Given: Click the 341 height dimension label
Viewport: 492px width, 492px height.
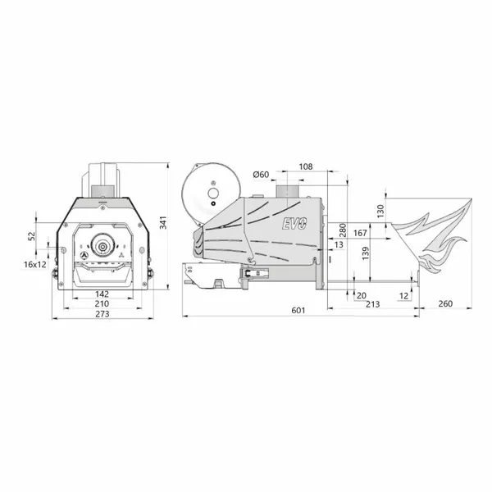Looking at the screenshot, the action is [x=163, y=222].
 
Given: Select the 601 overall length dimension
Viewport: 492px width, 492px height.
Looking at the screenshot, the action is [x=298, y=310].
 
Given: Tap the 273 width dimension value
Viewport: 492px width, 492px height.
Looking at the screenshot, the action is [x=102, y=314].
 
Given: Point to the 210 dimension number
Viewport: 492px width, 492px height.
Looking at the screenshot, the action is [x=102, y=303].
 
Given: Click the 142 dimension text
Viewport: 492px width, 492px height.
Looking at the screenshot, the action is [x=102, y=294].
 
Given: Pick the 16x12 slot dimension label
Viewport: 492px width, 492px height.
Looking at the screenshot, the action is [x=34, y=265].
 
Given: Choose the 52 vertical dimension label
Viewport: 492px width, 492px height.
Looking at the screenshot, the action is [x=32, y=237].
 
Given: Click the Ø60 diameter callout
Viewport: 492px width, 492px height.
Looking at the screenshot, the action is [x=261, y=175].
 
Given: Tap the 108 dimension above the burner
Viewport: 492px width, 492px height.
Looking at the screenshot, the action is [x=306, y=166].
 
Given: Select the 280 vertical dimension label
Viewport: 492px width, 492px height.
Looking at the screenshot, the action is [x=343, y=230].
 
